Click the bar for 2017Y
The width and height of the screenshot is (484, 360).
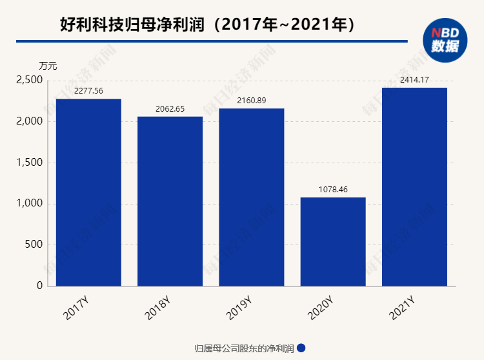pyautogui.click(x=88, y=192)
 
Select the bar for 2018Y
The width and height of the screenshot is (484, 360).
pyautogui.click(x=170, y=201)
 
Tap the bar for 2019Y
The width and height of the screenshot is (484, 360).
pyautogui.click(x=252, y=197)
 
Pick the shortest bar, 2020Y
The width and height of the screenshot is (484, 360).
pyautogui.click(x=333, y=241)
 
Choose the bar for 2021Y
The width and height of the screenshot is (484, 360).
pyautogui.click(x=414, y=186)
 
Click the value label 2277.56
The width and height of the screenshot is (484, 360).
pyautogui.click(x=88, y=91)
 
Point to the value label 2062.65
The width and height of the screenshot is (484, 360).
pyautogui.click(x=170, y=108)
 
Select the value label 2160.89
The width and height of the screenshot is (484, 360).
pyautogui.click(x=252, y=101)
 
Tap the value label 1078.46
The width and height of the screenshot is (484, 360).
pyautogui.click(x=333, y=190)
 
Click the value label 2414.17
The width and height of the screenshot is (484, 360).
pyautogui.click(x=414, y=80)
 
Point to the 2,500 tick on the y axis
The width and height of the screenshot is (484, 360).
pyautogui.click(x=30, y=80)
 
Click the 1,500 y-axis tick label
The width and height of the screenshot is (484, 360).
pyautogui.click(x=30, y=163)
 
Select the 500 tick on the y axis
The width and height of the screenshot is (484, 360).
pyautogui.click(x=35, y=245)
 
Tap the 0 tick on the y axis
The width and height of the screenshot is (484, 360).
pyautogui.click(x=40, y=286)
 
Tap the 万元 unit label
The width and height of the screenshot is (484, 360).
pyautogui.click(x=48, y=65)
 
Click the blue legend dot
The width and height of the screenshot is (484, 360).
pyautogui.click(x=301, y=348)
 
